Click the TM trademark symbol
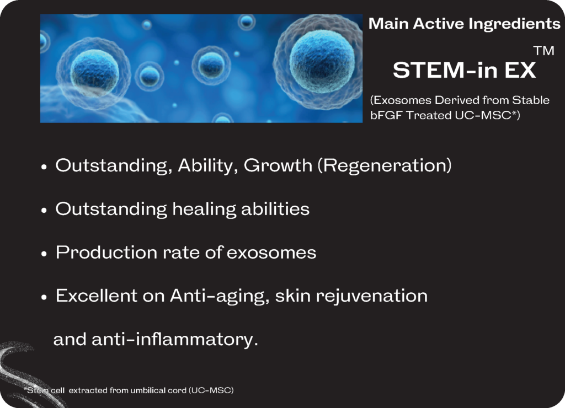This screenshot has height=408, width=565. tap(544, 51)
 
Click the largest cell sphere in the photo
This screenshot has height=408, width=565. tap(322, 62)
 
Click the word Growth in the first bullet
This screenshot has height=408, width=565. tap(278, 165)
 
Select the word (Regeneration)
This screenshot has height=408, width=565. tap(385, 165)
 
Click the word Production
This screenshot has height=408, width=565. tap(106, 252)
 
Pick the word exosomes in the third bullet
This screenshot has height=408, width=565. tap(271, 253)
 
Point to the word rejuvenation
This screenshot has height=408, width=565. tap(371, 296)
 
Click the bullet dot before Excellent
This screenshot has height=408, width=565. tap(44, 297)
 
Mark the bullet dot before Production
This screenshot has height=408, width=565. tap(44, 254)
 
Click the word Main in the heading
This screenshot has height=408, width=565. tap(388, 24)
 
